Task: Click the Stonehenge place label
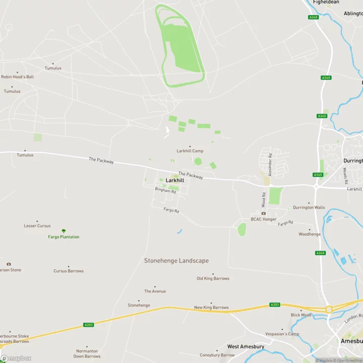(139, 305)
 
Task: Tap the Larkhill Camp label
(190, 151)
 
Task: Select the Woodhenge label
(310, 234)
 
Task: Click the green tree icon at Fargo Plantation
(64, 231)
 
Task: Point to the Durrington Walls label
(309, 207)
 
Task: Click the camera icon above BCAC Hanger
(263, 213)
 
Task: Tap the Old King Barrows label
(213, 278)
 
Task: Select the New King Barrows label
(211, 307)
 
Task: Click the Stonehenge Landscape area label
(176, 261)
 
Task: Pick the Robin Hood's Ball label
(17, 77)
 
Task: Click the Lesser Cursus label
(37, 225)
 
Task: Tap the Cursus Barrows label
(69, 271)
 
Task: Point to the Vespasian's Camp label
(282, 334)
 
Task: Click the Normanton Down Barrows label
(87, 353)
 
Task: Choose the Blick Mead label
(301, 315)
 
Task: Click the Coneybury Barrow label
(217, 355)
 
